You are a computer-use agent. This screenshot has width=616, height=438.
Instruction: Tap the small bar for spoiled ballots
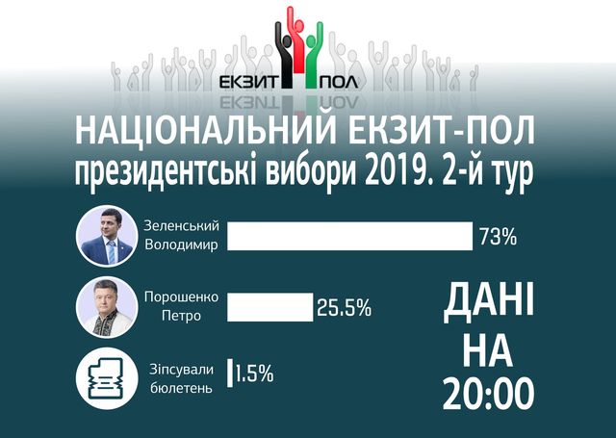[x=229, y=374]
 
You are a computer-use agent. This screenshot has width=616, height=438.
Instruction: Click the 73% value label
[x=498, y=236]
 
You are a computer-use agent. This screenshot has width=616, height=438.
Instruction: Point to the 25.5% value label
[x=344, y=308]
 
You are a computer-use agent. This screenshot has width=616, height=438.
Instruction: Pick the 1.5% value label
[x=254, y=374]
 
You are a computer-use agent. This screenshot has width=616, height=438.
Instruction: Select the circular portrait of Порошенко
[x=105, y=307]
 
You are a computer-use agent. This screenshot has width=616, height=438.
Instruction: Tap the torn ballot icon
[x=104, y=376]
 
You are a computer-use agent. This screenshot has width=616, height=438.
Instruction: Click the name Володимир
[x=182, y=245]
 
